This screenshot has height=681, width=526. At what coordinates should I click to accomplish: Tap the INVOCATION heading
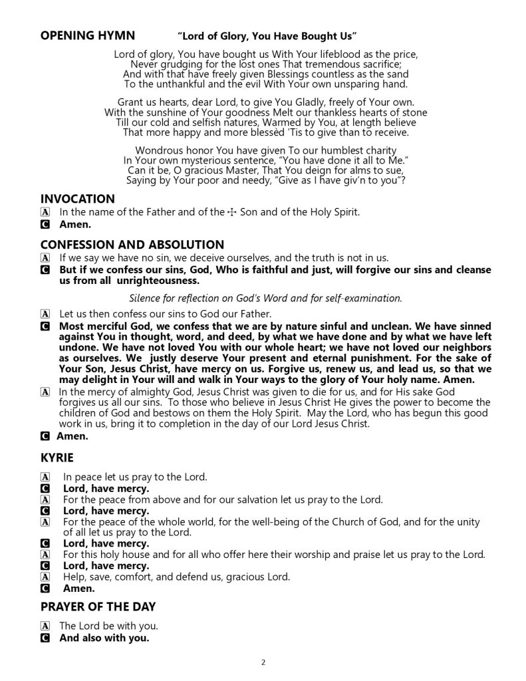pyautogui.click(x=78, y=199)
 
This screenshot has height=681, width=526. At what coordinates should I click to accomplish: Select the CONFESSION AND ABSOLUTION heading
pyautogui.click(x=132, y=245)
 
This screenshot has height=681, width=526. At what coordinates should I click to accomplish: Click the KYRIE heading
pyautogui.click(x=59, y=459)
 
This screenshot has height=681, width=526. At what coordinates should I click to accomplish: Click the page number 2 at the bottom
pyautogui.click(x=263, y=662)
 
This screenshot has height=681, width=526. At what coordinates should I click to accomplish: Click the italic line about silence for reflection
pyautogui.click(x=265, y=297)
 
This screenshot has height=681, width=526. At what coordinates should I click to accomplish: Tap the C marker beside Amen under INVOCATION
pyautogui.click(x=45, y=225)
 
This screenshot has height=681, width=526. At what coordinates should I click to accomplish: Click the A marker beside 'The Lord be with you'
pyautogui.click(x=45, y=626)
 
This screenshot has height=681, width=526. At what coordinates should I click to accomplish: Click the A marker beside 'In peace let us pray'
pyautogui.click(x=45, y=477)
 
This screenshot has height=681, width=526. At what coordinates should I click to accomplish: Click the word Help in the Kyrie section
pyautogui.click(x=75, y=577)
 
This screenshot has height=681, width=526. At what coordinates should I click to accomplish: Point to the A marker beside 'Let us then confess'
pyautogui.click(x=45, y=313)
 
